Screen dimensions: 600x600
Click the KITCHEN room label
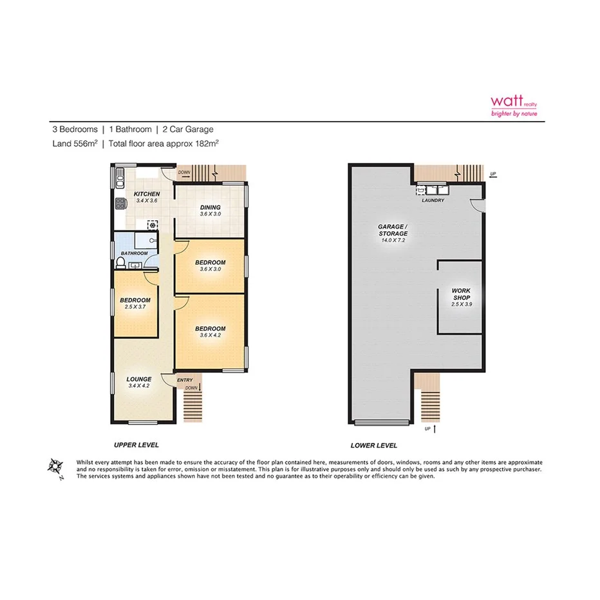[x=146, y=194]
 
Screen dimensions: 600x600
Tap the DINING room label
[x=211, y=207]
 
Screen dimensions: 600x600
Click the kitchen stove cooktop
[x=119, y=205]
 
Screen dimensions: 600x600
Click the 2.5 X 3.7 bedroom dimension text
[x=135, y=307]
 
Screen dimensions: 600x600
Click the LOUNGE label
[x=139, y=379]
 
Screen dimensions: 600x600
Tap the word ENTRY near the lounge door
[x=185, y=380]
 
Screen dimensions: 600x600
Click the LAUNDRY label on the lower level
[x=433, y=200]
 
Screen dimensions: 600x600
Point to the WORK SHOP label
[x=462, y=294]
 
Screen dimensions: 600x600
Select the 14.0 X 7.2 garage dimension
[x=392, y=240]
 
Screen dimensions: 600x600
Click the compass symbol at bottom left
[x=56, y=467]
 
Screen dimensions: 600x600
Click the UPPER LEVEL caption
[x=136, y=445]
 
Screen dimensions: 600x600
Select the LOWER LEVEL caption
[x=373, y=445]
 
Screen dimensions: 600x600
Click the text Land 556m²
[x=75, y=144]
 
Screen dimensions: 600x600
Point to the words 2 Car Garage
[x=188, y=129]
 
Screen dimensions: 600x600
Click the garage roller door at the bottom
[x=382, y=423]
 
